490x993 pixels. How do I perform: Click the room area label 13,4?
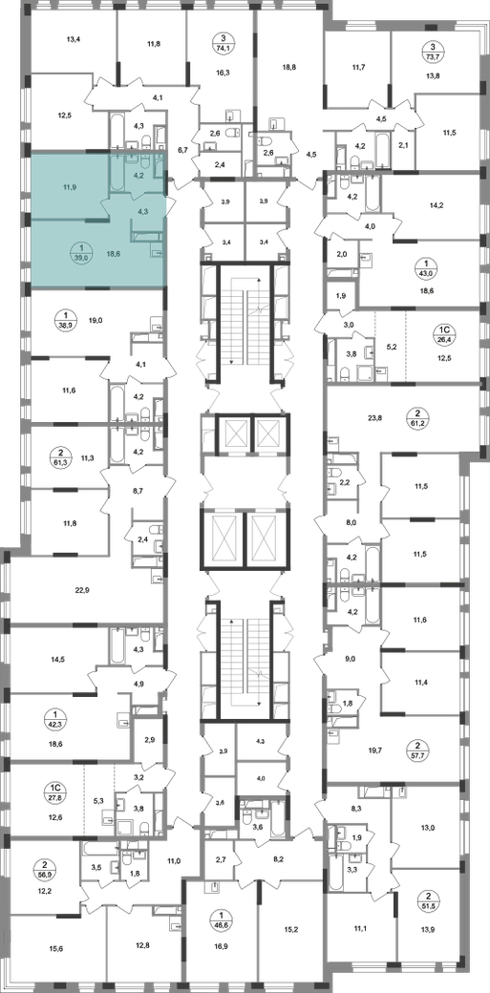click(75, 39)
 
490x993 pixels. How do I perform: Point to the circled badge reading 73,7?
click(433, 51)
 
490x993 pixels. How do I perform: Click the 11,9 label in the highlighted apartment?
click(62, 187)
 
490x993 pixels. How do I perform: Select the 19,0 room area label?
click(96, 321)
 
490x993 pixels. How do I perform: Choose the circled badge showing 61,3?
click(61, 457)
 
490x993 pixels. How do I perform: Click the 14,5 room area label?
click(58, 659)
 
